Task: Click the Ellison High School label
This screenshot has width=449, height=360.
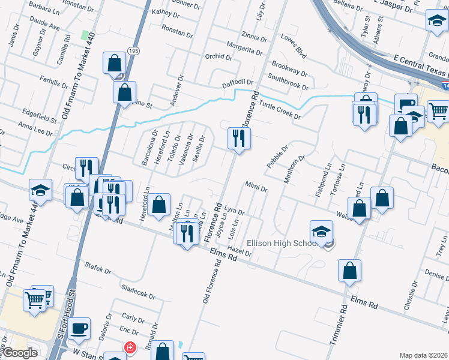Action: [x=287, y=243]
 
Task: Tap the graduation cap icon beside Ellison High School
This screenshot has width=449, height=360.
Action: [x=321, y=232]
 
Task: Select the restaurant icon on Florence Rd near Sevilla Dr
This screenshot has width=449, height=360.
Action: [x=239, y=139]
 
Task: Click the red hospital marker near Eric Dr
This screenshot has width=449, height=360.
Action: [x=129, y=347]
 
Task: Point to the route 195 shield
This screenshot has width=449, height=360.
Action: [x=133, y=52]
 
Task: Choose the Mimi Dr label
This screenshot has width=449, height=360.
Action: [x=256, y=185]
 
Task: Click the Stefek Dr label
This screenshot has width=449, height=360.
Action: [x=100, y=268]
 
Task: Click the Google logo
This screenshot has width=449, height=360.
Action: [x=20, y=353]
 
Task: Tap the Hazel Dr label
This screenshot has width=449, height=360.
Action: [x=240, y=251]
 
